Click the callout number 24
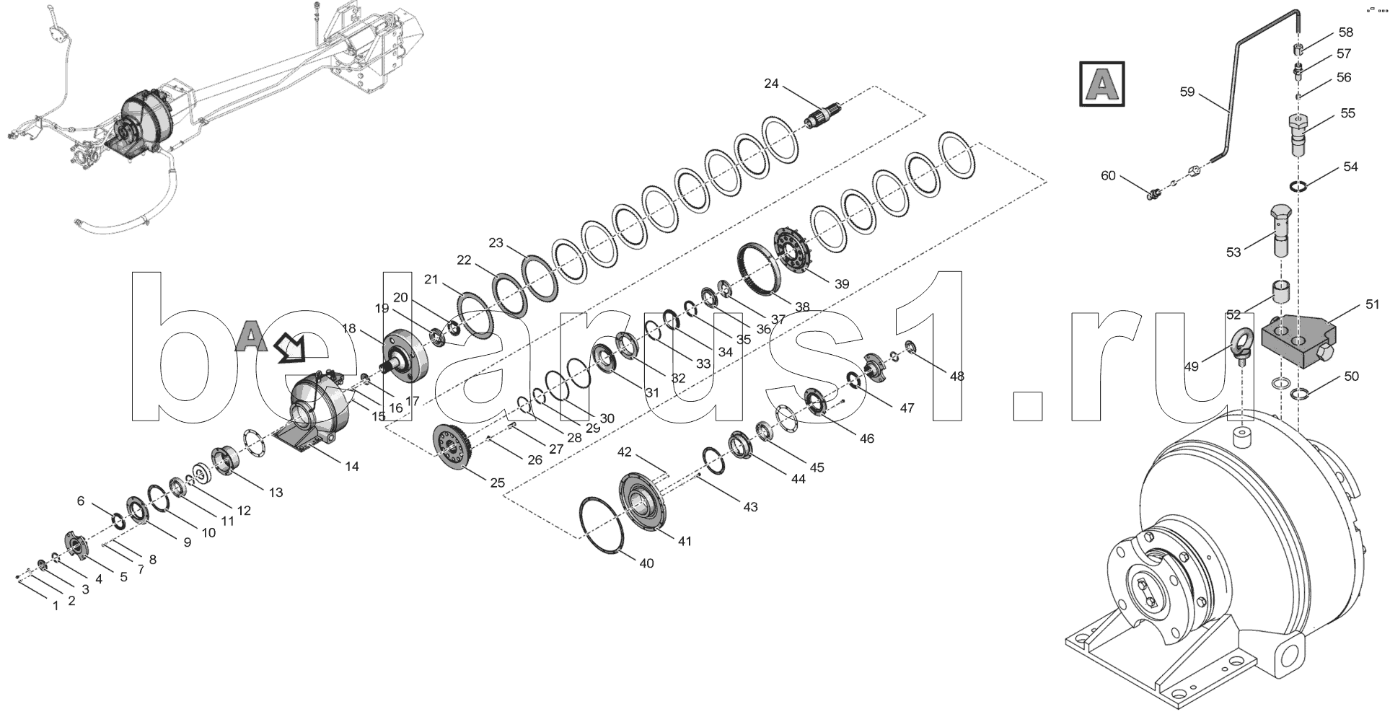(x=771, y=84)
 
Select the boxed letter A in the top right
(x=1101, y=84)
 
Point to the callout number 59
(x=1187, y=92)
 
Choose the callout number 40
(x=646, y=563)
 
